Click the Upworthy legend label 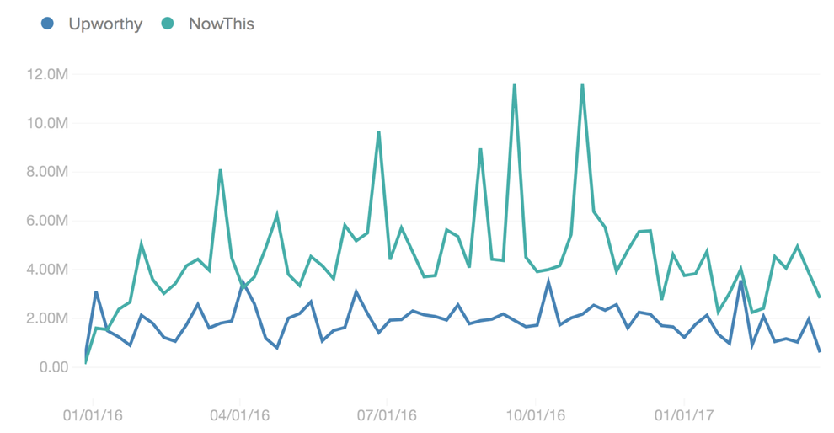[x=105, y=24]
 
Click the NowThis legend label [x=222, y=24]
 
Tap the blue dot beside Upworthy [x=49, y=24]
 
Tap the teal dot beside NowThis [x=168, y=24]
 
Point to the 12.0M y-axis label [x=47, y=75]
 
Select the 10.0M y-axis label [x=47, y=124]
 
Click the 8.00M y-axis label [x=47, y=173]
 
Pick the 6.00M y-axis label [x=47, y=222]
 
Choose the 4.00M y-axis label [x=47, y=270]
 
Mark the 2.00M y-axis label [x=47, y=319]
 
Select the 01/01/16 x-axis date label [x=93, y=415]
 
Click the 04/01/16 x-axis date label [x=240, y=415]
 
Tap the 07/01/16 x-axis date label [x=387, y=415]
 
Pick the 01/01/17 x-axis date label [x=684, y=415]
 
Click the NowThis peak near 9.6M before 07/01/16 [x=379, y=132]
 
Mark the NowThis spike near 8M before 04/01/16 [x=220, y=170]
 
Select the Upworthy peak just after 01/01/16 [x=96, y=292]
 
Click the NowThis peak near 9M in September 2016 [x=480, y=150]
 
